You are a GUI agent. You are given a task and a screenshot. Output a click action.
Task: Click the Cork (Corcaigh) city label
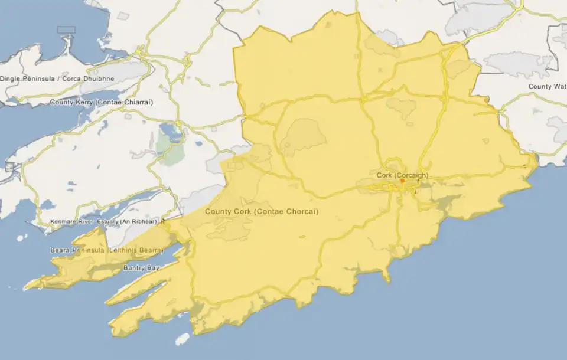pyautogui.click(x=402, y=175)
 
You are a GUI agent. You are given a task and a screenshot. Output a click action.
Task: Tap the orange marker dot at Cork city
pyautogui.click(x=402, y=181)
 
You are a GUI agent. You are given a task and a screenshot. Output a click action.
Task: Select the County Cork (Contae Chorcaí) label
pyautogui.click(x=261, y=211)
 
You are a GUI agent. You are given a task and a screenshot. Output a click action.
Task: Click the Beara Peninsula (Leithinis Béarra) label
pyautogui.click(x=106, y=251)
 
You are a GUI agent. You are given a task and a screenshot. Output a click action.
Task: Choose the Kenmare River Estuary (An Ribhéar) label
pyautogui.click(x=104, y=221)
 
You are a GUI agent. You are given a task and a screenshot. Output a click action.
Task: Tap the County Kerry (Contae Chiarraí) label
pyautogui.click(x=102, y=102)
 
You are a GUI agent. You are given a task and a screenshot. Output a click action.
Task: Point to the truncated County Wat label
pyautogui.click(x=548, y=87)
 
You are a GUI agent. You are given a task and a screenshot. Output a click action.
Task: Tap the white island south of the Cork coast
pyautogui.click(x=183, y=339)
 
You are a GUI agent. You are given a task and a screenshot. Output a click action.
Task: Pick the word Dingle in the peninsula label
pyautogui.click(x=11, y=78)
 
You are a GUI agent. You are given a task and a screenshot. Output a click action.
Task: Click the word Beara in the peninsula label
pyautogui.click(x=60, y=251)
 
